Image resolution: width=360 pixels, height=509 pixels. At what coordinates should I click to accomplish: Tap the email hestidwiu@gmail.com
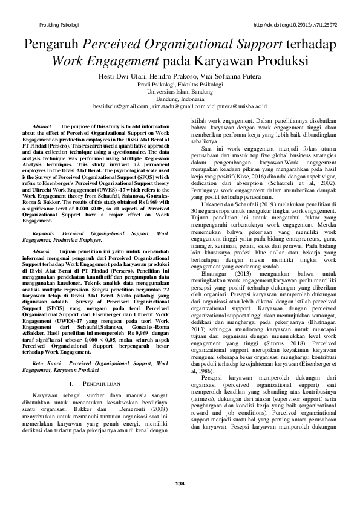click(120, 106)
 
